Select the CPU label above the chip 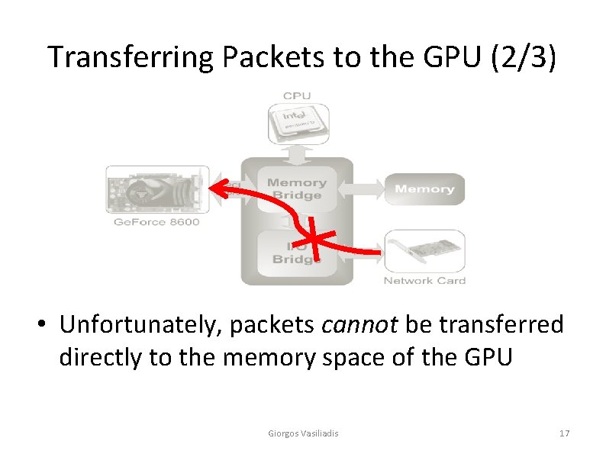(296, 96)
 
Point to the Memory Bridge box (297, 188)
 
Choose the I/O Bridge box (297, 252)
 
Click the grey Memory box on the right (424, 188)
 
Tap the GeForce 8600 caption (156, 222)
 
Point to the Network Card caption (424, 281)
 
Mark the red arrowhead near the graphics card (218, 187)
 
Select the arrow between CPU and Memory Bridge (297, 153)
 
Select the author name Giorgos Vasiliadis (303, 433)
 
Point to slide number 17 (564, 433)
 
